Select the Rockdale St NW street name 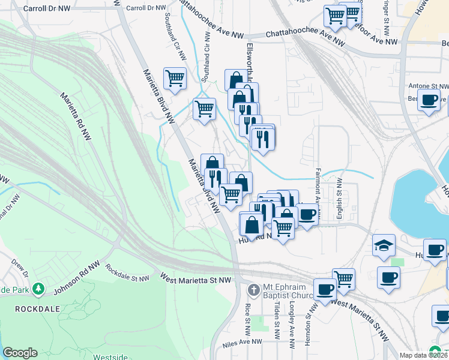point(128,274)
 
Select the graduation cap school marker point(384,246)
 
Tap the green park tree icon point(39,289)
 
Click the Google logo point(20,353)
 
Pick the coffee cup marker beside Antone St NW point(429,101)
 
